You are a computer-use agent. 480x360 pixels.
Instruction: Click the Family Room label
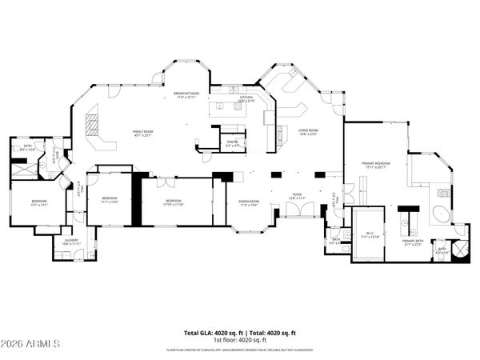click(x=143, y=133)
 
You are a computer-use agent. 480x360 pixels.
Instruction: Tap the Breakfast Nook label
click(x=186, y=95)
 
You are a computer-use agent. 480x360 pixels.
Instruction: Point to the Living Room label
click(x=308, y=133)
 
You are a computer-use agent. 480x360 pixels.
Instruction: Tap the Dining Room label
click(x=249, y=202)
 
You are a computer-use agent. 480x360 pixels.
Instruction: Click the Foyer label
click(x=298, y=194)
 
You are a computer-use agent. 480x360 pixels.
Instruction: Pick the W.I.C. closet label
click(x=370, y=236)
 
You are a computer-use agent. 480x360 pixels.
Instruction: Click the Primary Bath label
click(x=413, y=242)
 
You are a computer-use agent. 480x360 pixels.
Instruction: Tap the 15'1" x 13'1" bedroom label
click(x=39, y=202)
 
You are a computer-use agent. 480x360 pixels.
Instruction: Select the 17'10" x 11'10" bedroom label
click(x=174, y=202)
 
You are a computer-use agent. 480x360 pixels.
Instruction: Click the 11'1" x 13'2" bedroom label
click(x=110, y=200)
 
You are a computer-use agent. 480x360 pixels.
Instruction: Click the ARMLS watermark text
click(x=31, y=344)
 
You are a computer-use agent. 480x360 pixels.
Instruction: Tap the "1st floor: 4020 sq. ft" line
click(x=240, y=339)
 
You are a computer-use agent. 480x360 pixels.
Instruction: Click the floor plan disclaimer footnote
click(x=240, y=350)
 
